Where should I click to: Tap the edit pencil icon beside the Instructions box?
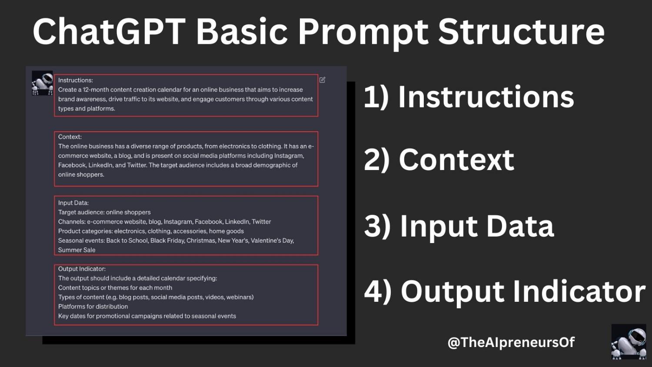(x=323, y=80)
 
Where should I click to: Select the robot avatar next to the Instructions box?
(x=42, y=83)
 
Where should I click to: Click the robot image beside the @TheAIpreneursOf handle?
(x=629, y=342)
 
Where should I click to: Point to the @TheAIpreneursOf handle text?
(x=511, y=342)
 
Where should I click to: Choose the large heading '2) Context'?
(x=439, y=160)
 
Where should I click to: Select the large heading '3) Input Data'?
(x=459, y=226)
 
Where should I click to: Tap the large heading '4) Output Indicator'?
(x=505, y=291)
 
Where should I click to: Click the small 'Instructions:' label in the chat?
(x=76, y=80)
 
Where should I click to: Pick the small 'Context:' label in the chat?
(x=70, y=137)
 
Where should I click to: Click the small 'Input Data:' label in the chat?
(x=73, y=203)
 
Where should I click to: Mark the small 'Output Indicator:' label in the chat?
(x=82, y=269)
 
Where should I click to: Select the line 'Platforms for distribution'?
(x=93, y=307)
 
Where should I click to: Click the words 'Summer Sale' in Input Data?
(x=77, y=250)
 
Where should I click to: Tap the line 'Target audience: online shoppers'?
(x=104, y=212)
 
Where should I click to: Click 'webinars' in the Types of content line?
(x=240, y=297)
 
